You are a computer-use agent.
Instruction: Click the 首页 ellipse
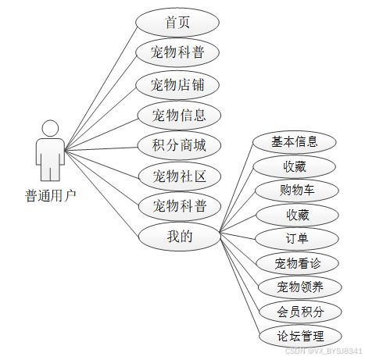tap(177, 23)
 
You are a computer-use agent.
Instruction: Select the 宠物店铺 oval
tap(177, 85)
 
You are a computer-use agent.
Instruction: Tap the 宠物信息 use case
tap(179, 116)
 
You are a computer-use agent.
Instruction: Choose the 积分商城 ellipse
tap(179, 145)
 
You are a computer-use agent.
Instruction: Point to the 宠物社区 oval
tap(180, 176)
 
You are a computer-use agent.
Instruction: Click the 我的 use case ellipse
tap(180, 237)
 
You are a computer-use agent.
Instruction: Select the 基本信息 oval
tap(295, 142)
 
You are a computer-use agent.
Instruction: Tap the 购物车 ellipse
tap(297, 191)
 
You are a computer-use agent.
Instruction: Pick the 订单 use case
tap(297, 239)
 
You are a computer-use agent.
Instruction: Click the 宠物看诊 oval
tap(297, 263)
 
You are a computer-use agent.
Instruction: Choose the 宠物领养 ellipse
tap(299, 287)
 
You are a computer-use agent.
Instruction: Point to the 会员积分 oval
tap(300, 312)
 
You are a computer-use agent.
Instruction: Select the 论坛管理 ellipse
tap(300, 336)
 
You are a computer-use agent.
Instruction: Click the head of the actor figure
tap(50, 128)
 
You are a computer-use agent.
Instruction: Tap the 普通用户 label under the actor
tap(51, 196)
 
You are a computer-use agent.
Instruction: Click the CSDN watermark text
tap(324, 351)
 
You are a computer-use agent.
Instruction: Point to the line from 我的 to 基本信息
tap(237, 187)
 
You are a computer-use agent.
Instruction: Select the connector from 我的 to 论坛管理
tap(240, 284)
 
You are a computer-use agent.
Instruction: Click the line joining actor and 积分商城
tap(101, 149)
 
